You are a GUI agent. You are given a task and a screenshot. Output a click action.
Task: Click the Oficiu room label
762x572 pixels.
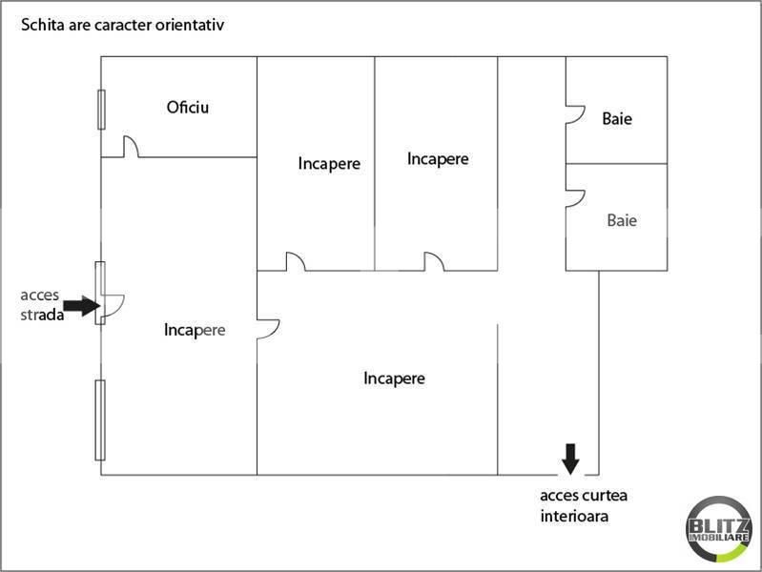(188, 108)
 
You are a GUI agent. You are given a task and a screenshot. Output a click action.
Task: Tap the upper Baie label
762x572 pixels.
(617, 118)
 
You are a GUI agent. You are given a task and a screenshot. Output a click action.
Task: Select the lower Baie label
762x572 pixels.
(622, 220)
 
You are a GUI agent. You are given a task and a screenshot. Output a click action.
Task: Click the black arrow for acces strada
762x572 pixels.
(82, 306)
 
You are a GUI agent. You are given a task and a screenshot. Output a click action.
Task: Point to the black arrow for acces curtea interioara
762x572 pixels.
(570, 459)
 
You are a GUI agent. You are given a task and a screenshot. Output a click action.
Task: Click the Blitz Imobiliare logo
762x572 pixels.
(719, 530)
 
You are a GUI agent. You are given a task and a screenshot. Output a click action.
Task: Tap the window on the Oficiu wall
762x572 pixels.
(101, 110)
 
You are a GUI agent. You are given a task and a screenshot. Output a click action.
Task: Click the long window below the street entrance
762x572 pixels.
(100, 420)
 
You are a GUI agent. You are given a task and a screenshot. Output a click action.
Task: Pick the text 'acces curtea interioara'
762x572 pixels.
(584, 505)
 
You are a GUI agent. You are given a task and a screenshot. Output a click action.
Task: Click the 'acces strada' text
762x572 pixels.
(42, 305)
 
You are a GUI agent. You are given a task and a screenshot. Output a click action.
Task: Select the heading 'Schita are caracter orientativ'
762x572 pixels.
(122, 25)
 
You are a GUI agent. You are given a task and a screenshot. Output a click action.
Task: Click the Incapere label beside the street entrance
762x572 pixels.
(195, 330)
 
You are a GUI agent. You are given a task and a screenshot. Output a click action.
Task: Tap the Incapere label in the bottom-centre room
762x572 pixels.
(394, 378)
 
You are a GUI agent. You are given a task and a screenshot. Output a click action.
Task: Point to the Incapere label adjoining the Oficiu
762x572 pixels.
(329, 163)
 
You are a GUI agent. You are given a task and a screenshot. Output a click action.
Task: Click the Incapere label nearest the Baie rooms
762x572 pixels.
(438, 159)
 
